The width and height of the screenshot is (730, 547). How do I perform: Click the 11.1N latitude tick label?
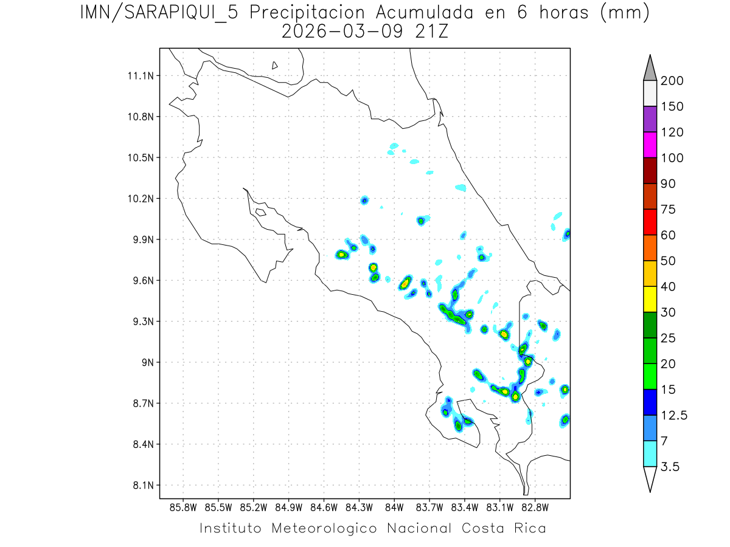(139, 76)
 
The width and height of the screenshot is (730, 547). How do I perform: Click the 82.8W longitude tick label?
(535, 506)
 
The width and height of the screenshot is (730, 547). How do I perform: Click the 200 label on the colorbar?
(672, 81)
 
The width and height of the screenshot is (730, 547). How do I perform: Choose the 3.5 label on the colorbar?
(669, 467)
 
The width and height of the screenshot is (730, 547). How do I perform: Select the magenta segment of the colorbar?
(650, 145)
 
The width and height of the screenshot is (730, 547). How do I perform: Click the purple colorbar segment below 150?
(650, 119)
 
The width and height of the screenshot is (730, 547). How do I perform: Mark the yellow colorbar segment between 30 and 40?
(650, 299)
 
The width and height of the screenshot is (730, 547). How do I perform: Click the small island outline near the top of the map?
(275, 66)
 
